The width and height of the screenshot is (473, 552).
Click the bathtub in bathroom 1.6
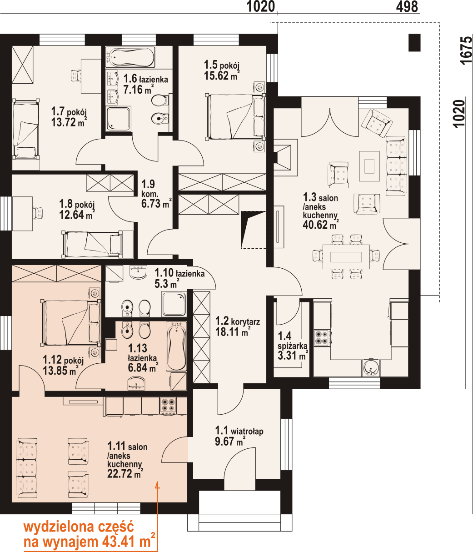click(x=130, y=57)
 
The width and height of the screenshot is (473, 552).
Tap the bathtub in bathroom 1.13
click(x=176, y=346)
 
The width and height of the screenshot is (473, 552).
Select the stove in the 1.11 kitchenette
click(x=168, y=406)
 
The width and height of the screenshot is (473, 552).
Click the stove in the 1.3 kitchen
click(x=322, y=337)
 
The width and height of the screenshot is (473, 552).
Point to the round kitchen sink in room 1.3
click(x=371, y=367)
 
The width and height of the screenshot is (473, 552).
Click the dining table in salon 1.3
click(x=346, y=257)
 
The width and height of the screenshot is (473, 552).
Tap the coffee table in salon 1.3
click(x=369, y=166)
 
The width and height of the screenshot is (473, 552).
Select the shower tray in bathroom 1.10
click(x=174, y=304)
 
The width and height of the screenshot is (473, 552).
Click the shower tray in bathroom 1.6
click(x=118, y=119)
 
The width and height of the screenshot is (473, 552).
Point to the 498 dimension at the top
click(x=407, y=6)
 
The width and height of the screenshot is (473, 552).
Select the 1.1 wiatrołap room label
click(x=239, y=431)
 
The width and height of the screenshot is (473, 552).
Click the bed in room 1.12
click(x=71, y=323)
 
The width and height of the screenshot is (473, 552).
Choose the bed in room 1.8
click(x=92, y=244)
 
